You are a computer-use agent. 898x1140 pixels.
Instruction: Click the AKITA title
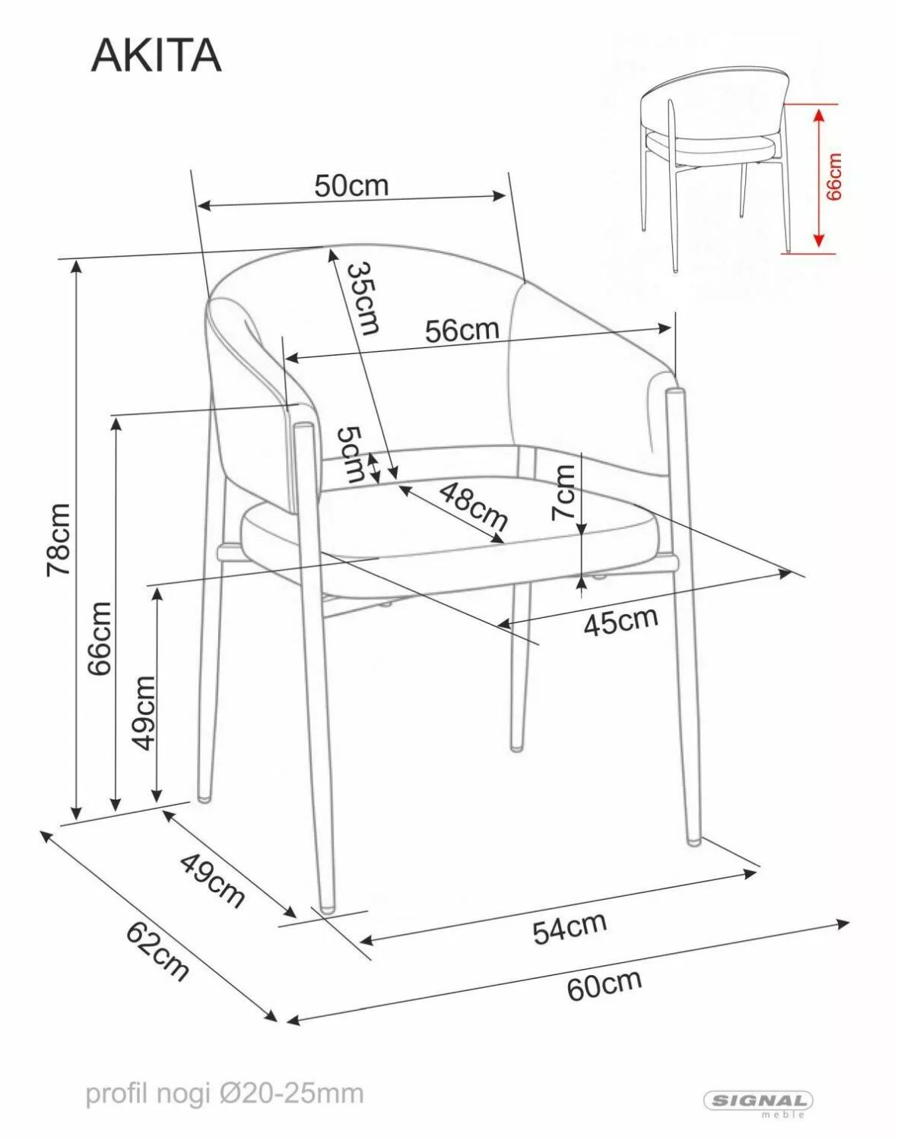(x=157, y=55)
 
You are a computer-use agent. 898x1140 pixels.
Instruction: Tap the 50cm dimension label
(x=351, y=185)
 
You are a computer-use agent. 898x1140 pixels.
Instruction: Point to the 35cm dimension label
(x=363, y=299)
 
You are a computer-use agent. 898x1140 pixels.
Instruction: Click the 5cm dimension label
(x=351, y=454)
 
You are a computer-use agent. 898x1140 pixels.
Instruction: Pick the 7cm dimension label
(x=563, y=492)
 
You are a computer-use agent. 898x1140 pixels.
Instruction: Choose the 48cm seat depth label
(x=474, y=506)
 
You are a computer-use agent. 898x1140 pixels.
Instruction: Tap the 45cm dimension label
(x=620, y=620)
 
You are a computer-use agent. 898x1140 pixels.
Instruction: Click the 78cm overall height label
(x=59, y=540)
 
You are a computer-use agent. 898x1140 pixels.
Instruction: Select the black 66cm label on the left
(x=100, y=638)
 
